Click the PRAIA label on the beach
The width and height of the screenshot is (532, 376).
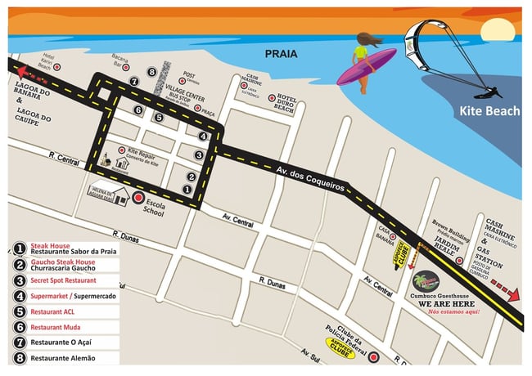[x=282, y=55]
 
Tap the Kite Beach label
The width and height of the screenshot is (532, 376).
[x=489, y=111]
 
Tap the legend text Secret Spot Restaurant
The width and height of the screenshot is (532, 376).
[x=68, y=280]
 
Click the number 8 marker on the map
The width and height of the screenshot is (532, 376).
[x=152, y=72]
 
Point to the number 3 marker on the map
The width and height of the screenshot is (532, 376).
[x=199, y=154]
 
